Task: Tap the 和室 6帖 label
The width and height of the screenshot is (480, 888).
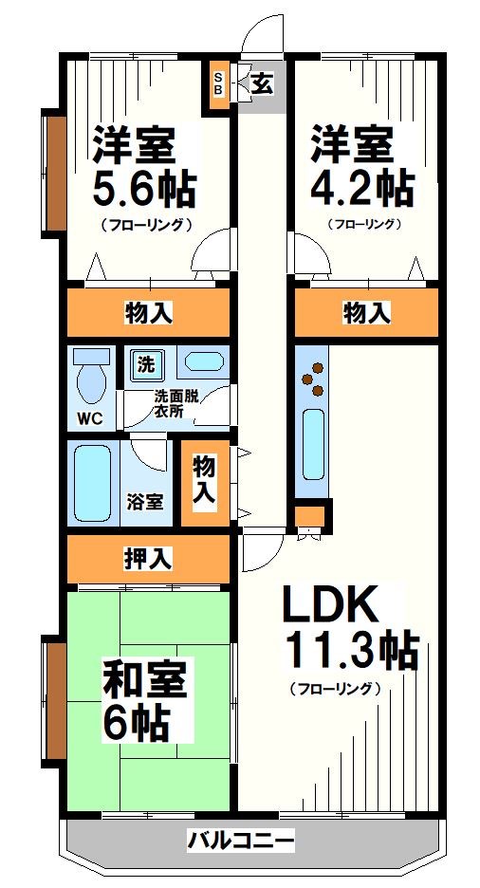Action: (146, 702)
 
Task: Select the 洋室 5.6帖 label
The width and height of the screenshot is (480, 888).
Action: (142, 171)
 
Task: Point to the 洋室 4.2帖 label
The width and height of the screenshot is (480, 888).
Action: (361, 171)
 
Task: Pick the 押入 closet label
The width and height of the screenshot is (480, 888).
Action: (148, 559)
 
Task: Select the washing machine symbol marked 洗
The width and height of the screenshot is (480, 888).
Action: (147, 362)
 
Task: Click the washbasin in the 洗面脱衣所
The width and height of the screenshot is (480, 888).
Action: (203, 361)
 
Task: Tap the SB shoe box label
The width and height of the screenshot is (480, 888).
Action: (218, 84)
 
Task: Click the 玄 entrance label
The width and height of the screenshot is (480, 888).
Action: (262, 83)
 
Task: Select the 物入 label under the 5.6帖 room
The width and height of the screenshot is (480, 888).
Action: (148, 311)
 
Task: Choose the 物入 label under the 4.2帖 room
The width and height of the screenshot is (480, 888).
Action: (366, 311)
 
